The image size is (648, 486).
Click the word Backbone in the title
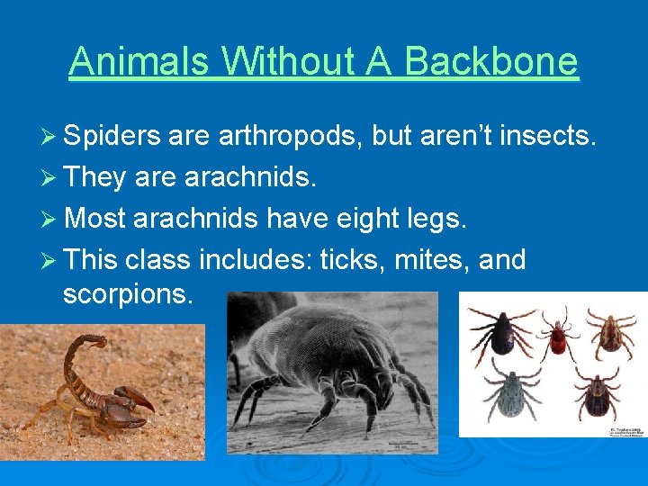pyautogui.click(x=491, y=62)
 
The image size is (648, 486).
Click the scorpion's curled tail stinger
pyautogui.click(x=97, y=341)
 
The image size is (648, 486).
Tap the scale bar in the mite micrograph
pyautogui.click(x=399, y=445)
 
